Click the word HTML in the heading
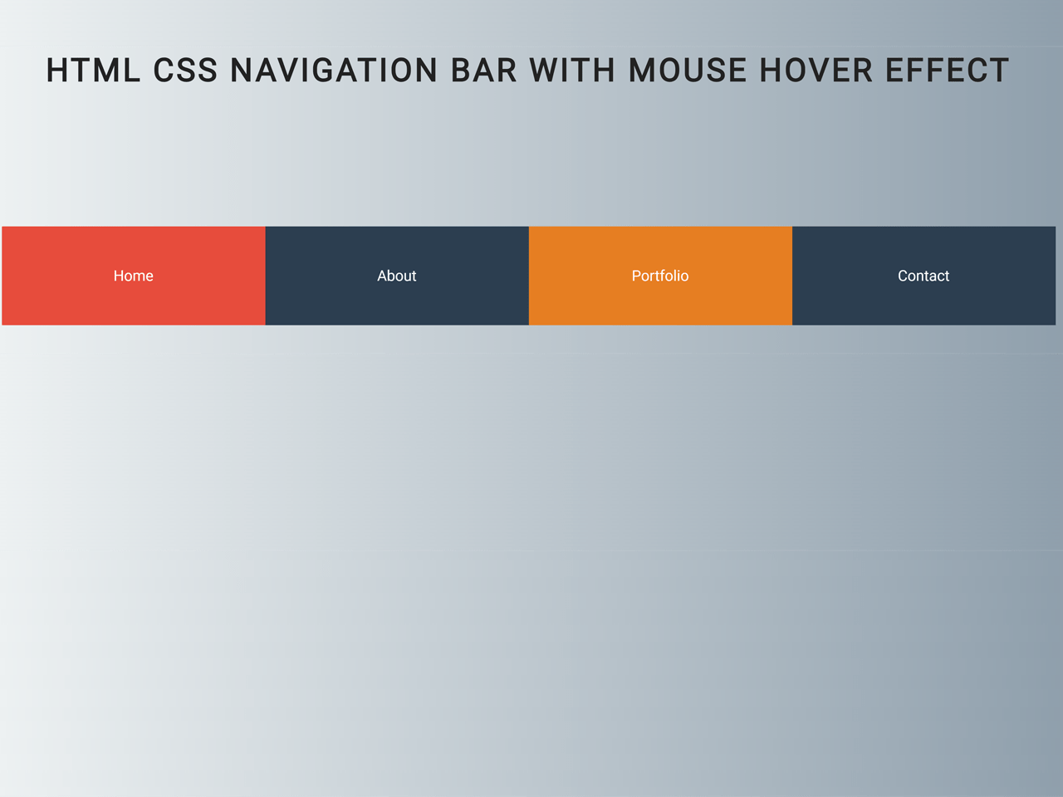click(93, 71)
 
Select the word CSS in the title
click(185, 71)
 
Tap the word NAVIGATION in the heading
click(334, 71)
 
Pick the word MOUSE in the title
click(688, 71)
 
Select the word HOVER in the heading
click(816, 71)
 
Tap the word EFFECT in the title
click(947, 71)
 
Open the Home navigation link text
click(134, 276)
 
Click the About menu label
click(397, 276)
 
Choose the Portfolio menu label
click(660, 276)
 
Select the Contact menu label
click(923, 276)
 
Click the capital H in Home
click(119, 276)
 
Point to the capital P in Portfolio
click(636, 276)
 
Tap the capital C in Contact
click(903, 276)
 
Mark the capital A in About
click(382, 276)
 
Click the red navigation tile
click(134, 303)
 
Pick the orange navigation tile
click(660, 303)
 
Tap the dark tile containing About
click(397, 303)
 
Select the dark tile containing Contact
click(923, 303)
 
